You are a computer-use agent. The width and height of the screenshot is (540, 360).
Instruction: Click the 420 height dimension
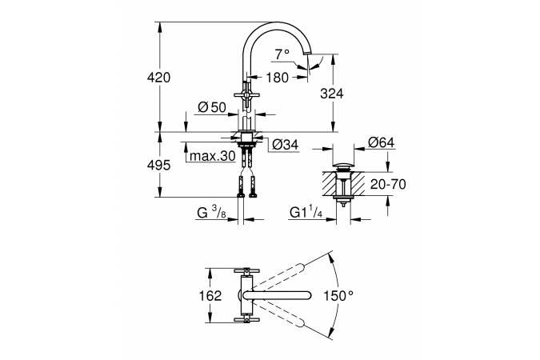point(158,78)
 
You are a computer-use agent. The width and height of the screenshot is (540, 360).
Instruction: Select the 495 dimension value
point(158,166)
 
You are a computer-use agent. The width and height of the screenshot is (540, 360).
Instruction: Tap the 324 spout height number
point(332,94)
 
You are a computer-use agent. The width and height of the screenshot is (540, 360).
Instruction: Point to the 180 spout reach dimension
point(278,78)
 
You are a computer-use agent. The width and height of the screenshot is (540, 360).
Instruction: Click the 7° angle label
point(282,54)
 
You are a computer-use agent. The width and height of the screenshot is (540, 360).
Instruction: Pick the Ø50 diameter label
point(213,107)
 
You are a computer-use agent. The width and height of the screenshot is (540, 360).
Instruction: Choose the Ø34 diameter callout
point(285,145)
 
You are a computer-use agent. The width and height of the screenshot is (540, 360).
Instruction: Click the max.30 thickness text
point(213,156)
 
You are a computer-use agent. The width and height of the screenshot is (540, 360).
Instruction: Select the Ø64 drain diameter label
point(382,142)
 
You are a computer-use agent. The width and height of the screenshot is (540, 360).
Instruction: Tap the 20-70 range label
point(388,184)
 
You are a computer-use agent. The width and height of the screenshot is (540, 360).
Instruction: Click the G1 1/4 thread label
point(306,212)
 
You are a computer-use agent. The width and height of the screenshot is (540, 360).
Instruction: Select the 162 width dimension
point(210,295)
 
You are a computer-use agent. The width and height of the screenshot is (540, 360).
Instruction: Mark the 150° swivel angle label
point(338,295)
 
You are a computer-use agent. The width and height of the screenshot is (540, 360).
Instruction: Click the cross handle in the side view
point(246,94)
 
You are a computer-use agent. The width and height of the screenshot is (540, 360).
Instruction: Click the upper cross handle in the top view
point(246,270)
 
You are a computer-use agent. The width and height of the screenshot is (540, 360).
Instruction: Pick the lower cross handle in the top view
point(246,320)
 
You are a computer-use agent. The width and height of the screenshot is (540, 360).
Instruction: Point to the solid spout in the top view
point(278,295)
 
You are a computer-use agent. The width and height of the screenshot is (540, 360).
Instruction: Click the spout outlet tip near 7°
point(307,53)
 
